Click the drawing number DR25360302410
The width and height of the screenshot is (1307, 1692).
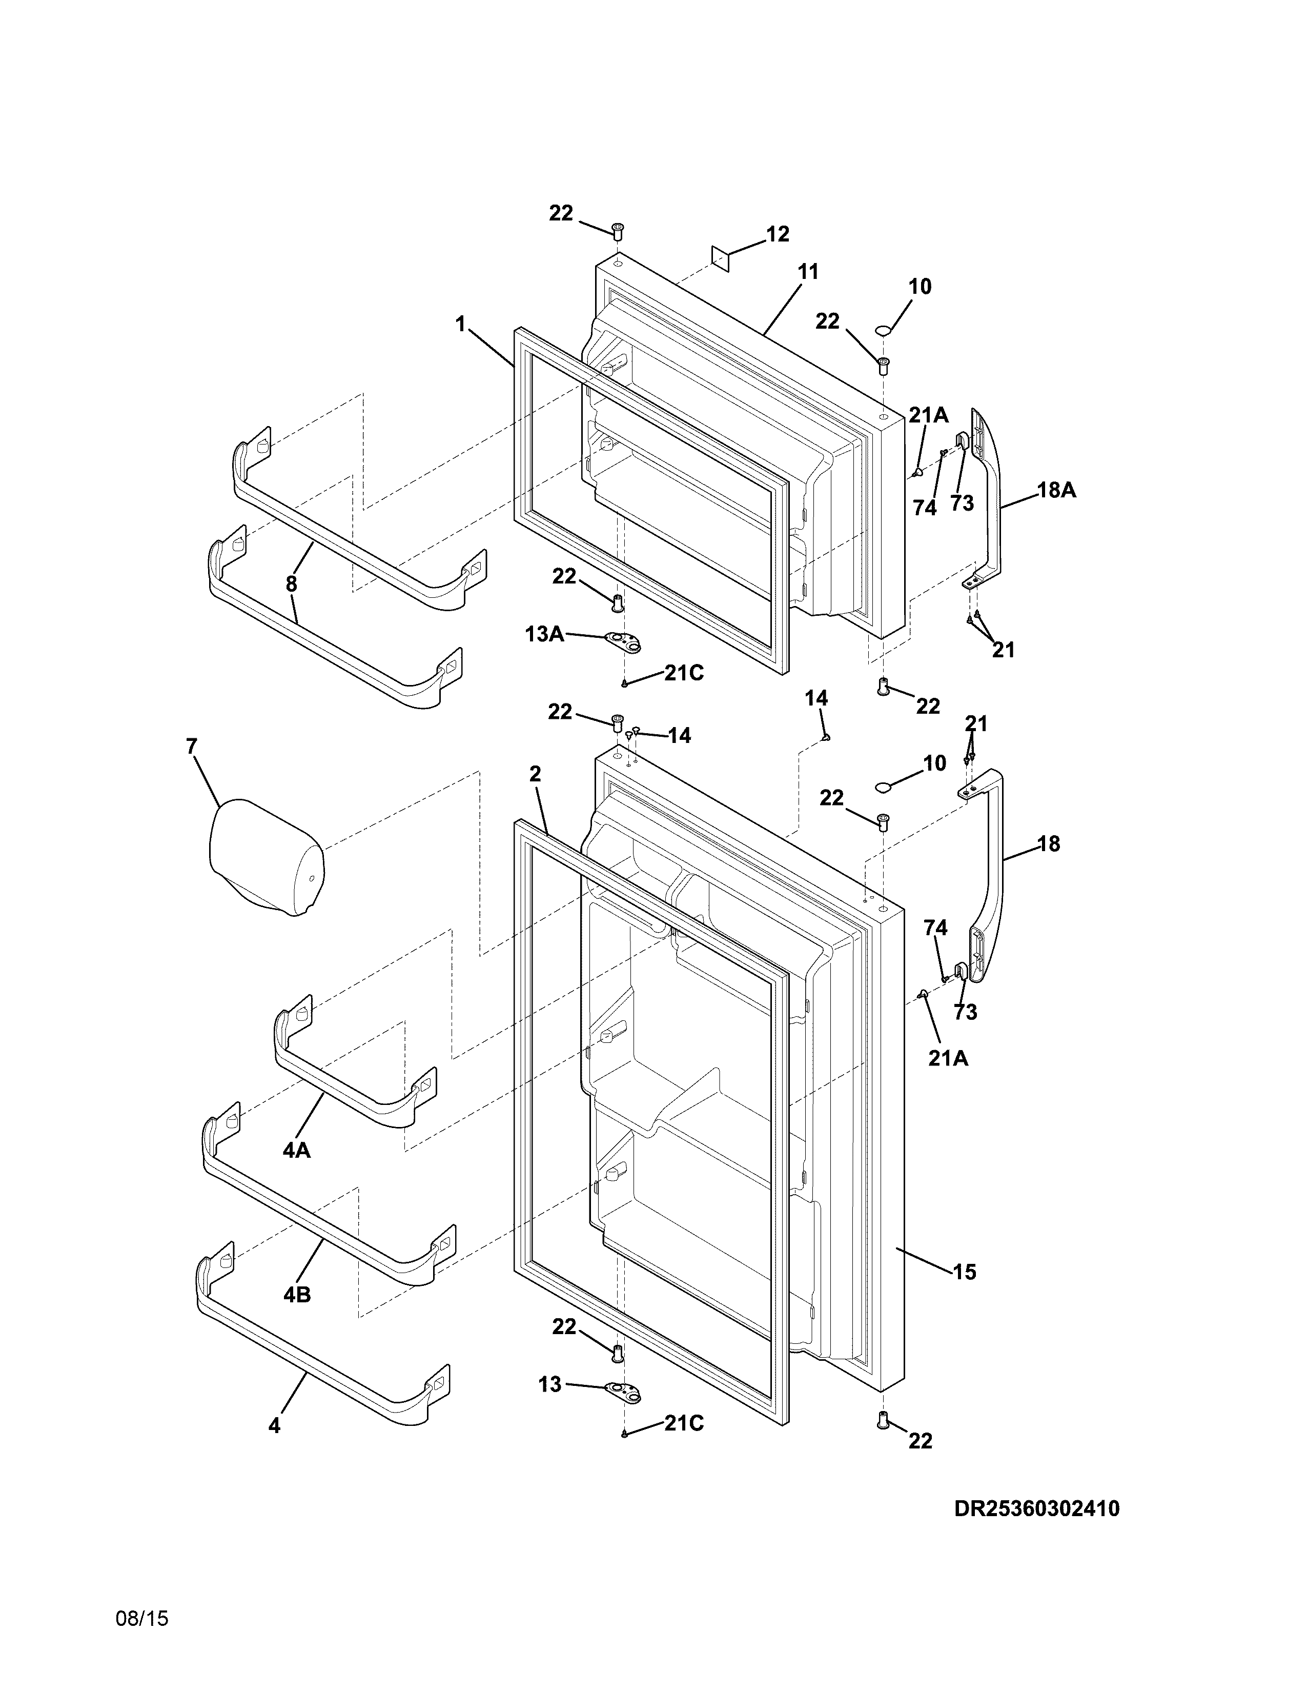pos(1037,1508)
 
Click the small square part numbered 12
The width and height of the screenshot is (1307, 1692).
pos(721,259)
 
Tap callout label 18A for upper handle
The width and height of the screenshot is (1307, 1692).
pos(1056,490)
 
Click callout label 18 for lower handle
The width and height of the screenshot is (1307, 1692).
pos(1048,843)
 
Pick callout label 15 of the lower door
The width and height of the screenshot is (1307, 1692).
pos(964,1272)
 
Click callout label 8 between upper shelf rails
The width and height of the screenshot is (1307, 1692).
pos(291,584)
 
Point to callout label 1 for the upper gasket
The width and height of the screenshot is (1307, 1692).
pos(461,324)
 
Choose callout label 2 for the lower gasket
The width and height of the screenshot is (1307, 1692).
pos(535,774)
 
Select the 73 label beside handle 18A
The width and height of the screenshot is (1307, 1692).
pos(962,503)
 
